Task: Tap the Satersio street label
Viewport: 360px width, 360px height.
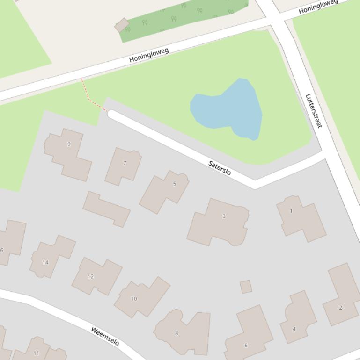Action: coord(220,167)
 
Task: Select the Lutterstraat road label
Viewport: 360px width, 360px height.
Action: coord(314,111)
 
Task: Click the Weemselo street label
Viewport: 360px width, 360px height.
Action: coord(105,336)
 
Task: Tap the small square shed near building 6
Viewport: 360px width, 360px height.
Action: coord(246,287)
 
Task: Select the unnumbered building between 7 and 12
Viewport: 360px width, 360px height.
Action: coord(106,209)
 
